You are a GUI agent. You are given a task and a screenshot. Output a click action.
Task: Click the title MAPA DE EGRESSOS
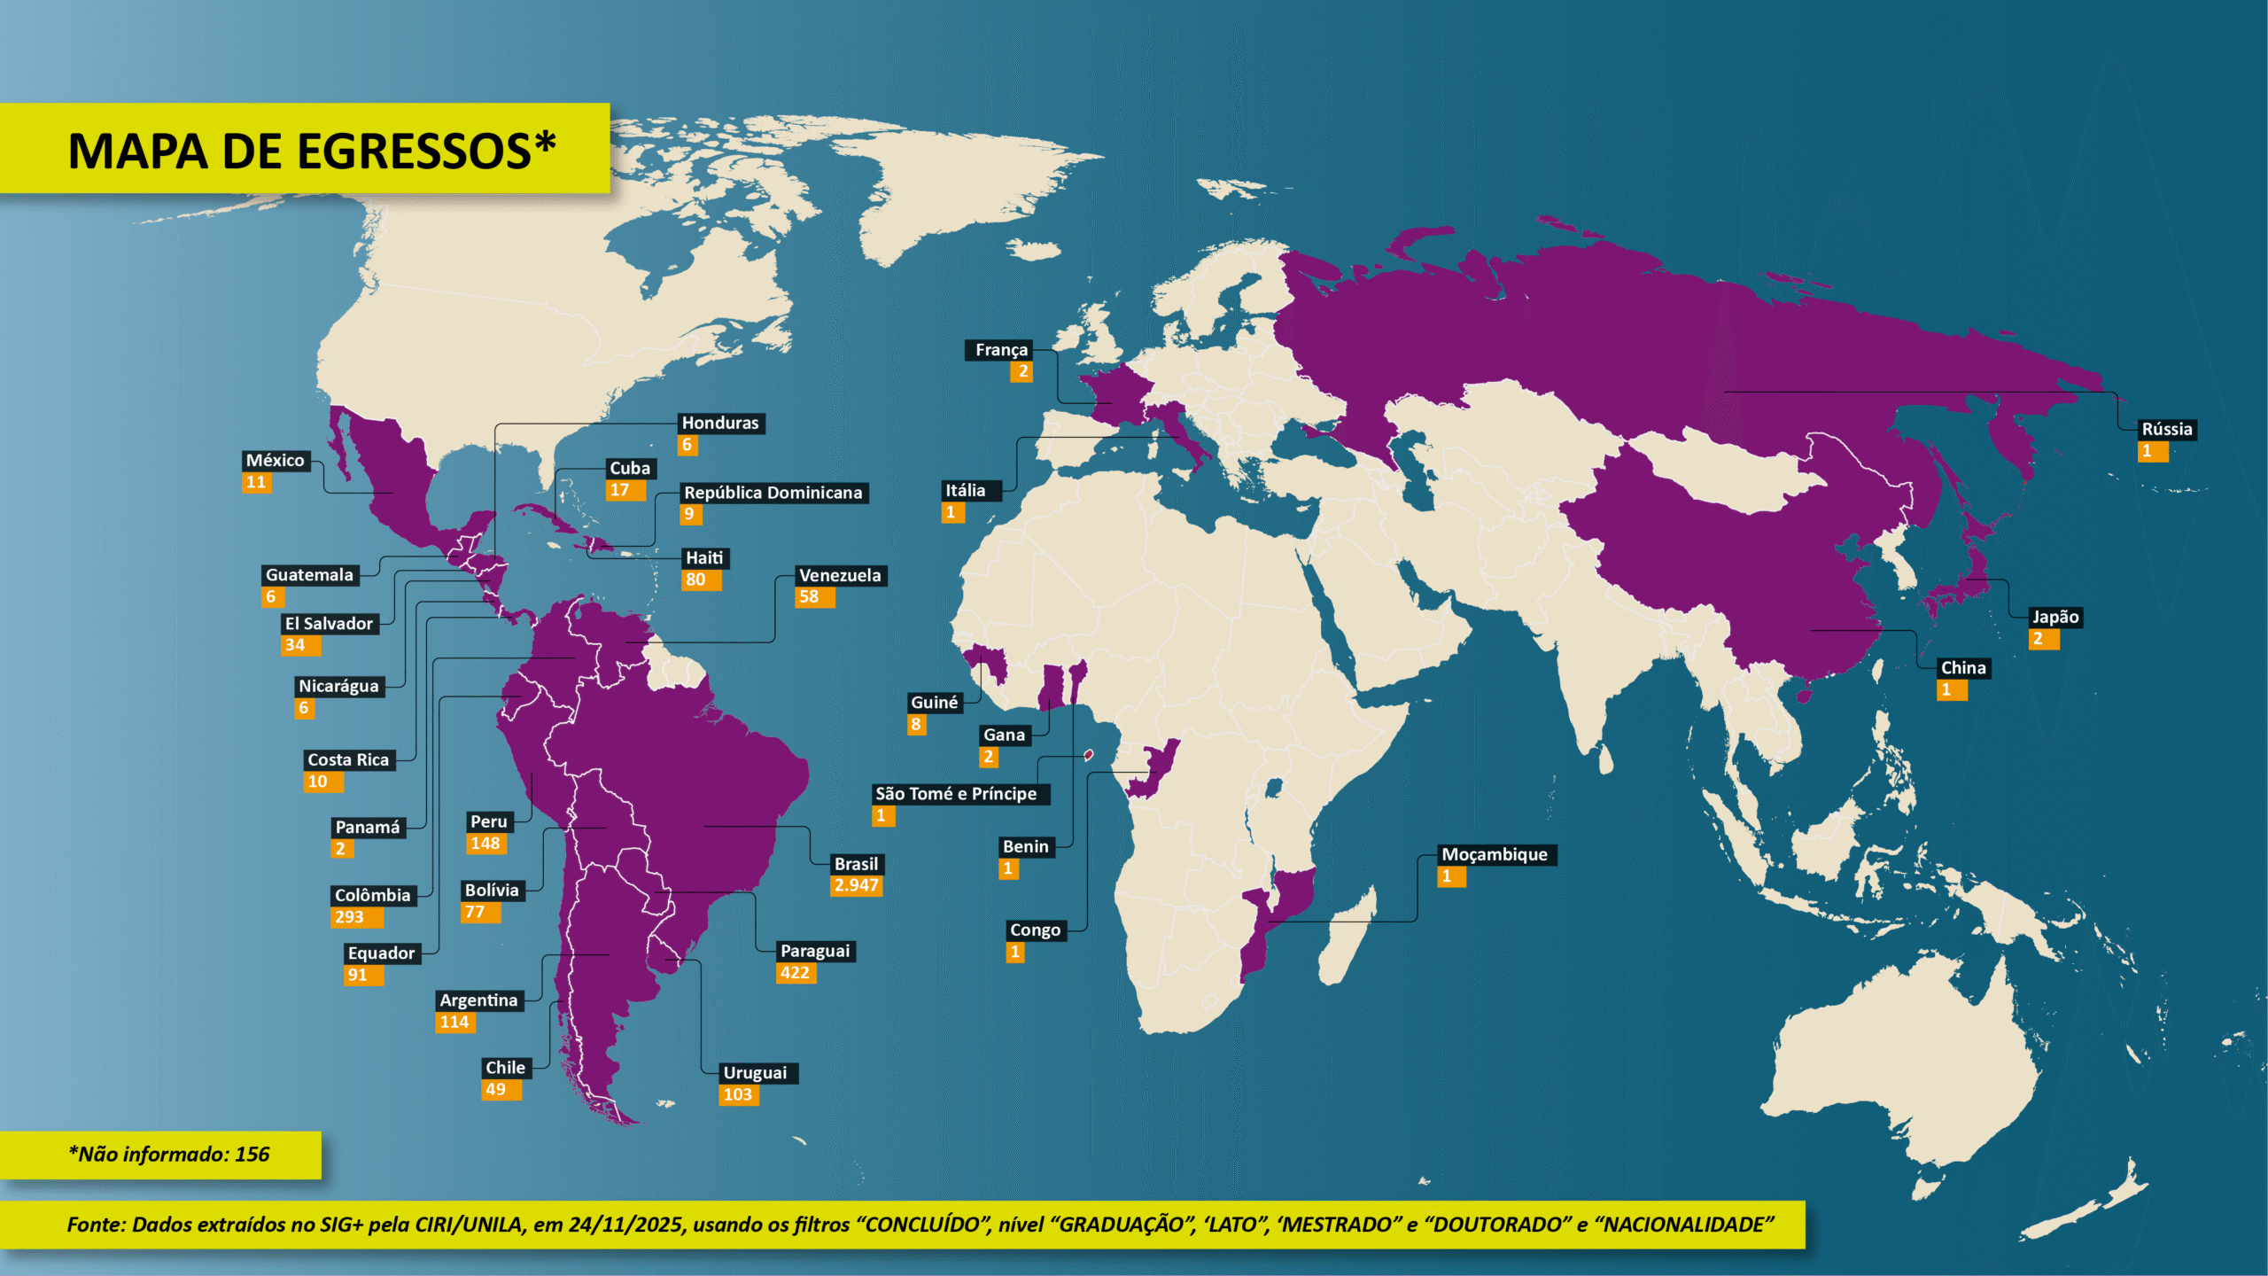pos(311,151)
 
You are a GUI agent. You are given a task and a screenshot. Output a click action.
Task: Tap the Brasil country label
pos(856,864)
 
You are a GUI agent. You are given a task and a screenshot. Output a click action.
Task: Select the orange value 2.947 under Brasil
pos(856,885)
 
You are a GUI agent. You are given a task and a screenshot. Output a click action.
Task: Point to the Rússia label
pos(2166,430)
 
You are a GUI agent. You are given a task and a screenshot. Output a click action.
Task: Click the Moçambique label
pos(1495,855)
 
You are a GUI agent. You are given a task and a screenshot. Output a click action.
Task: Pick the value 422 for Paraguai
pos(795,973)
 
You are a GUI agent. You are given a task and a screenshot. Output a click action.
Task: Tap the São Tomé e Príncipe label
pos(956,794)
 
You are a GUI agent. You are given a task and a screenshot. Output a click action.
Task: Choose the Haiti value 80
pos(696,580)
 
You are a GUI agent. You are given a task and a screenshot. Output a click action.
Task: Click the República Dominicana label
pos(773,493)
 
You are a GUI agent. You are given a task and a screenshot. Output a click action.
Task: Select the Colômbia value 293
pos(350,917)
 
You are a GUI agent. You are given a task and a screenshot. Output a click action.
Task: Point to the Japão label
pos(2054,618)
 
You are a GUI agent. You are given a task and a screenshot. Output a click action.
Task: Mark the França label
pos(1001,350)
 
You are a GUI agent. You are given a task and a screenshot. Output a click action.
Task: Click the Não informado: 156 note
pos(168,1155)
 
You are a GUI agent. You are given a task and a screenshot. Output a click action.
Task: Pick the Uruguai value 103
pos(738,1095)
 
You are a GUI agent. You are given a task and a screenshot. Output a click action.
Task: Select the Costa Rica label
pos(348,760)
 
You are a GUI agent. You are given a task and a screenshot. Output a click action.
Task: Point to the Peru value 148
pos(485,844)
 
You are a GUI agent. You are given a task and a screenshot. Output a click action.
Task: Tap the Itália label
pos(965,491)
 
